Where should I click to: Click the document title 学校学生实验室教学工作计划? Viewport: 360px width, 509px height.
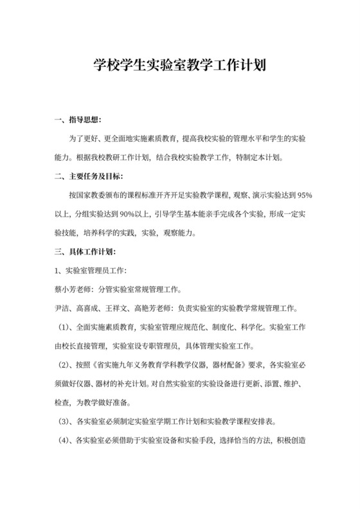click(180, 66)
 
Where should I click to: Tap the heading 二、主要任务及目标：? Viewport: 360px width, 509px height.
click(89, 175)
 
